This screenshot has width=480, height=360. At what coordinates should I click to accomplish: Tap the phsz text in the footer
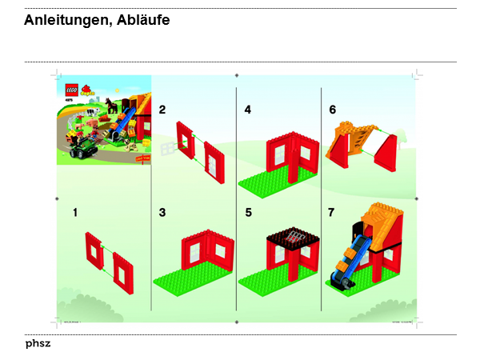[x=38, y=343]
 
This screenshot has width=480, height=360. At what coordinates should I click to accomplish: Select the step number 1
[x=74, y=213]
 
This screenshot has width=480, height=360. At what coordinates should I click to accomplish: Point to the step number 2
[x=162, y=109]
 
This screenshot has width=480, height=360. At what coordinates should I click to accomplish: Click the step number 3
[x=162, y=213]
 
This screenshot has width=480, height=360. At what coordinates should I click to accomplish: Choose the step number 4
[x=248, y=109]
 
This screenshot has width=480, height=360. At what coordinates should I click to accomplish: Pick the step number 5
[x=248, y=213]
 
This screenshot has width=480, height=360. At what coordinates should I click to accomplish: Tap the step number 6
[x=332, y=109]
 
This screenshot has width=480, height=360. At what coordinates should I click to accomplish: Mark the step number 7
[x=332, y=213]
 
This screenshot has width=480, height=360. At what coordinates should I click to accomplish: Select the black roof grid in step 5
[x=293, y=238]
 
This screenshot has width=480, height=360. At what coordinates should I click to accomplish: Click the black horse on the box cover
[x=113, y=106]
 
